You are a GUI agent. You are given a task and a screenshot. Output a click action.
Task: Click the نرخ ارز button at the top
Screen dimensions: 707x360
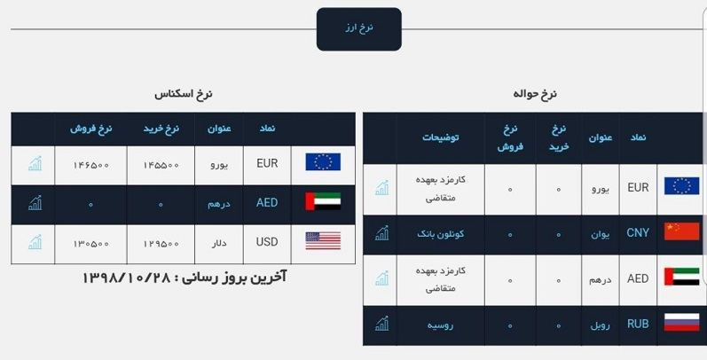click(x=359, y=29)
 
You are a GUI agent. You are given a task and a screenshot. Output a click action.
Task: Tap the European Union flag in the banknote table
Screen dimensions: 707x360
click(x=323, y=162)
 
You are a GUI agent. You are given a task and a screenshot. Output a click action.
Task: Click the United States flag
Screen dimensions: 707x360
click(x=323, y=240)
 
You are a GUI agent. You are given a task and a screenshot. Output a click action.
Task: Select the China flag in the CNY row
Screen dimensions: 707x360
click(x=682, y=231)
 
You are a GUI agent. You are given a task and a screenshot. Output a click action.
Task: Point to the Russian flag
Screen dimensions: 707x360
click(x=682, y=323)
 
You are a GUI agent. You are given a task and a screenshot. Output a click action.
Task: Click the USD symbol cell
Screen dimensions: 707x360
click(x=267, y=242)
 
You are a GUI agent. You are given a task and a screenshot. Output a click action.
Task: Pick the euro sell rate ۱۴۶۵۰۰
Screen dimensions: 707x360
click(x=91, y=165)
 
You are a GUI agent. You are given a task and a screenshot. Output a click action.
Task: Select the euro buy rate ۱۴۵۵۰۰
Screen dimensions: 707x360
click(x=161, y=165)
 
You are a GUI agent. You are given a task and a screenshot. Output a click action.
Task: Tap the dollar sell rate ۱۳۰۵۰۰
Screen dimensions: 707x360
click(x=91, y=244)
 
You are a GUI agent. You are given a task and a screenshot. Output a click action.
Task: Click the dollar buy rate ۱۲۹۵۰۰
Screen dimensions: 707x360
click(x=161, y=244)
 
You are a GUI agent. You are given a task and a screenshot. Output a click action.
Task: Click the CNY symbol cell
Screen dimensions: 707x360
click(x=638, y=233)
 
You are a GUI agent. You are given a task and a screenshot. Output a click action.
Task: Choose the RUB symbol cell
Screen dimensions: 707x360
click(x=638, y=324)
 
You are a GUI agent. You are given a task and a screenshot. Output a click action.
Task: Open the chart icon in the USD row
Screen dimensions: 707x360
click(x=35, y=242)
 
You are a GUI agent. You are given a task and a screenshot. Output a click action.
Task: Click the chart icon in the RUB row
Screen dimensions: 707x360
click(x=381, y=324)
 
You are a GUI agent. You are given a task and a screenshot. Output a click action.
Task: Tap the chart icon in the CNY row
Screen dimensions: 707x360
click(x=381, y=233)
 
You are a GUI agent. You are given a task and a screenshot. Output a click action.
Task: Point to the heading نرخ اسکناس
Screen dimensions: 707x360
click(x=183, y=94)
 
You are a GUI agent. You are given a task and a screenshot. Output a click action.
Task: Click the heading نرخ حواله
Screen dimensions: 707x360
click(x=535, y=94)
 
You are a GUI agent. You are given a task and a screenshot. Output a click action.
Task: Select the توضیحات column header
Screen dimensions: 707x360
click(x=441, y=137)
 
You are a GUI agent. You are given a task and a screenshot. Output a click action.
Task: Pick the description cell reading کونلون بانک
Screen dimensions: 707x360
click(x=441, y=234)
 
